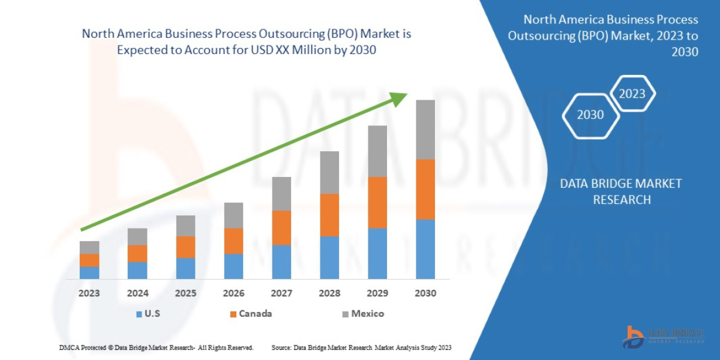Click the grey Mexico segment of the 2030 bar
click(x=425, y=129)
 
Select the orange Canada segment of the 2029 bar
click(x=377, y=202)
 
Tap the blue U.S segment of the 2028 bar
click(x=329, y=257)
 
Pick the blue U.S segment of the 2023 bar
click(x=89, y=272)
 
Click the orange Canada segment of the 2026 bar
click(x=233, y=241)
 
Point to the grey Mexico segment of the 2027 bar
click(x=281, y=193)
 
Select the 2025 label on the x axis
click(x=185, y=293)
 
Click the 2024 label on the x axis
click(x=137, y=293)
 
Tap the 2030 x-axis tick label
click(x=425, y=293)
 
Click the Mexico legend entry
click(x=362, y=313)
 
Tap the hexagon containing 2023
click(x=632, y=94)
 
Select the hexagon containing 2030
click(x=590, y=115)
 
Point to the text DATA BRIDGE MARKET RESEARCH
click(x=621, y=191)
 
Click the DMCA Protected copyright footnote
click(x=156, y=347)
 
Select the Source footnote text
click(x=361, y=347)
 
